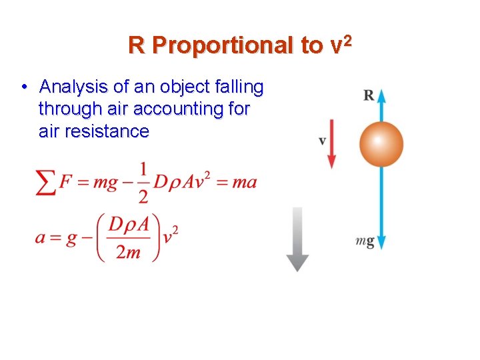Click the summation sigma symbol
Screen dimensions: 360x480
pyautogui.click(x=46, y=182)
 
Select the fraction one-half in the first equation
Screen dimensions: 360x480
pyautogui.click(x=142, y=182)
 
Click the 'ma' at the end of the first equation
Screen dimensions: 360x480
pyautogui.click(x=244, y=182)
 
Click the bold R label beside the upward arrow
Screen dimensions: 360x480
pyautogui.click(x=368, y=95)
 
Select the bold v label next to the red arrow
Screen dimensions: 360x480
pyautogui.click(x=322, y=141)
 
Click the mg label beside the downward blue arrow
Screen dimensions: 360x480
pyautogui.click(x=365, y=242)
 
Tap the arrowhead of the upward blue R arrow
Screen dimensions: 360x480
pyautogui.click(x=381, y=95)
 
